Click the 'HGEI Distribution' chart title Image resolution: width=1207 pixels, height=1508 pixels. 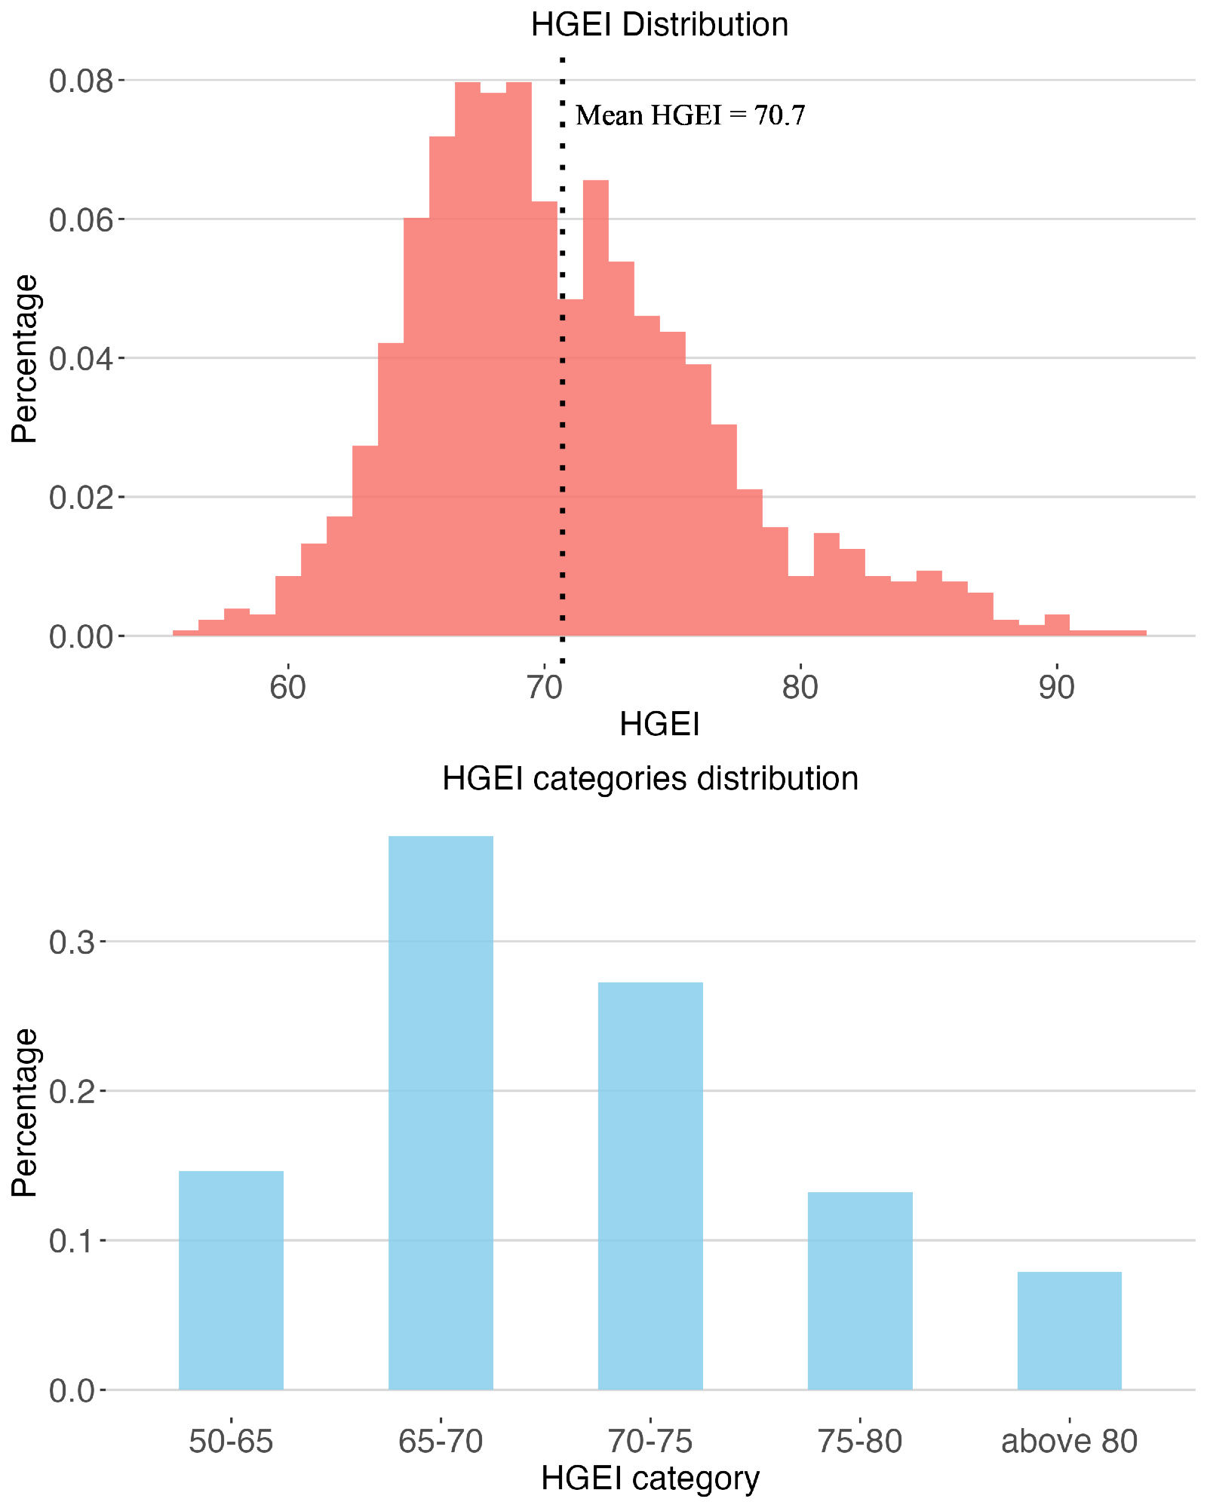[x=659, y=25]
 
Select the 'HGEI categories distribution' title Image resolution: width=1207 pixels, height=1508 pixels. [x=650, y=778]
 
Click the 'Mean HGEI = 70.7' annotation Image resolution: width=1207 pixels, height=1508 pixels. [x=690, y=115]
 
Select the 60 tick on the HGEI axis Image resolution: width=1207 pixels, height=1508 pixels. [x=287, y=688]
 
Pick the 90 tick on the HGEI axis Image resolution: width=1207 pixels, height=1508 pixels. [x=1056, y=688]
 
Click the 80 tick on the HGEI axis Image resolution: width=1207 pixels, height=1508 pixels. [x=800, y=688]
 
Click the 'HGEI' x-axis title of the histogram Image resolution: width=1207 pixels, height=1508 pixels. [x=659, y=725]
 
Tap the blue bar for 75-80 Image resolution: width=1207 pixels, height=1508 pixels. [x=860, y=1290]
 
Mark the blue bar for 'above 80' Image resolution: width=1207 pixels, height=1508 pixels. [x=1069, y=1330]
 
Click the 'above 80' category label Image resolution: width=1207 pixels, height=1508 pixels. [x=1069, y=1442]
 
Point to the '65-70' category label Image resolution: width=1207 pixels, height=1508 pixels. [x=441, y=1442]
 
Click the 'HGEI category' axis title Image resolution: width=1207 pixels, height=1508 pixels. [x=650, y=1479]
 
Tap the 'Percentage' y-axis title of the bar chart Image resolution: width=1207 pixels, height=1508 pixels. [x=25, y=1112]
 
